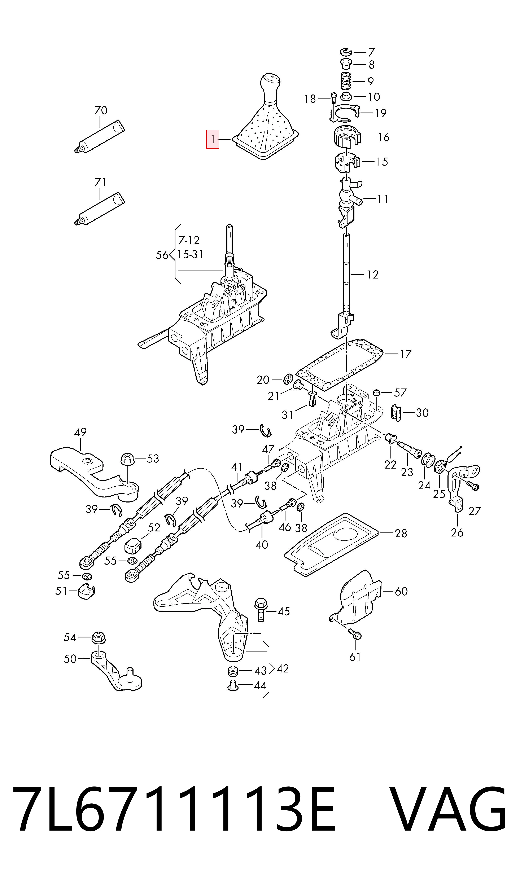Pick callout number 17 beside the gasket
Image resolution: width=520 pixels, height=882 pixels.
[405, 354]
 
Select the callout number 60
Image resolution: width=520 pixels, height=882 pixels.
[401, 591]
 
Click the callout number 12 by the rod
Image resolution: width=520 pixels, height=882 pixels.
[372, 275]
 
